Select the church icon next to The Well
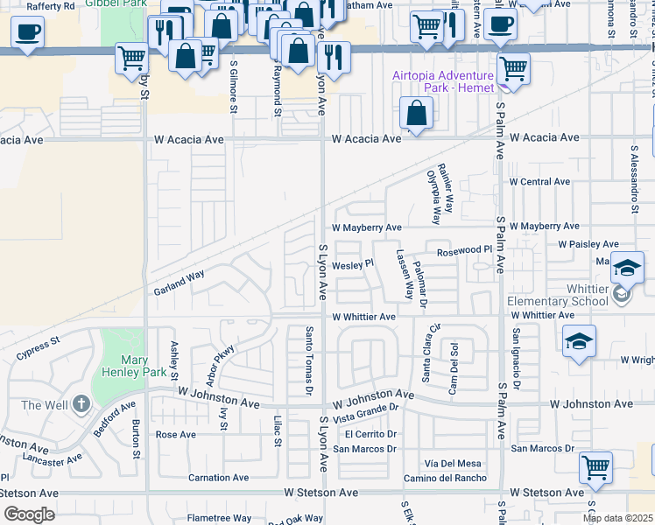[x=81, y=404]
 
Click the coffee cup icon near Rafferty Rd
[x=27, y=33]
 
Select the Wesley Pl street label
[x=352, y=262]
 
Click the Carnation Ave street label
[x=218, y=478]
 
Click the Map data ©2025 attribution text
[x=617, y=518]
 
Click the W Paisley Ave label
[x=588, y=244]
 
